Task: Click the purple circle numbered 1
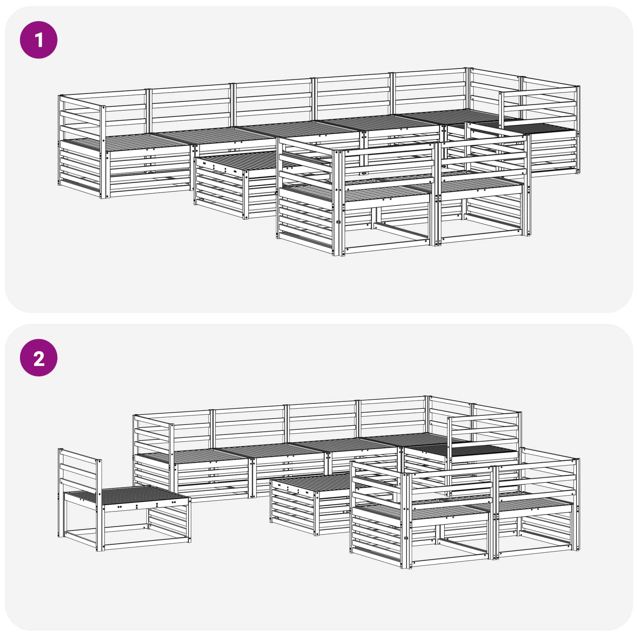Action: click(39, 40)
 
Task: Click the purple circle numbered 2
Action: click(39, 358)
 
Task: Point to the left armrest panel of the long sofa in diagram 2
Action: click(154, 435)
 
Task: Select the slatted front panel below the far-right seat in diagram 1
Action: click(552, 154)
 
